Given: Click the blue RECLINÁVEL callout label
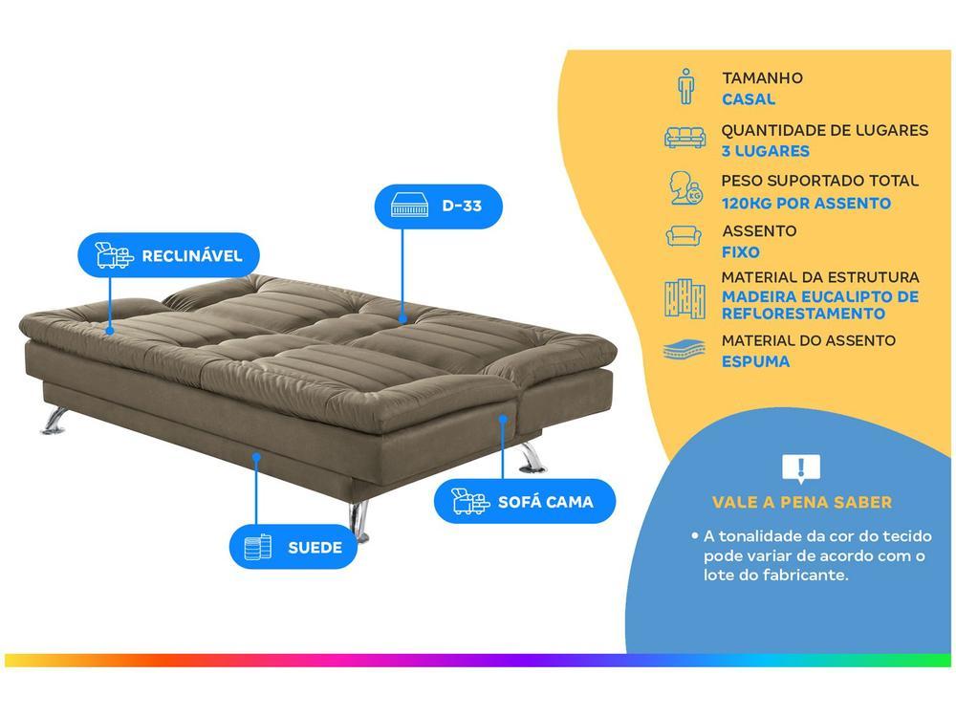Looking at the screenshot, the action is pyautogui.click(x=168, y=255).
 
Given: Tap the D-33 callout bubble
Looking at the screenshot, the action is pyautogui.click(x=439, y=206).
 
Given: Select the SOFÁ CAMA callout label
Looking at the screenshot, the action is pyautogui.click(x=525, y=501).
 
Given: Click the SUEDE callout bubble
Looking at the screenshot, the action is pyautogui.click(x=293, y=547).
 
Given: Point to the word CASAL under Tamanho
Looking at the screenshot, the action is pyautogui.click(x=749, y=98).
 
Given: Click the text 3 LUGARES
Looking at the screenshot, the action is pyautogui.click(x=765, y=151).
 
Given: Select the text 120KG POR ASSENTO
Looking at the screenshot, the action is pyautogui.click(x=806, y=203).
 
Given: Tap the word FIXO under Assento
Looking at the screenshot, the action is pyautogui.click(x=741, y=251).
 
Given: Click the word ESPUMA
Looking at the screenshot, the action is pyautogui.click(x=755, y=361).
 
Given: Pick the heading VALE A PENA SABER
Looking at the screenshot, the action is pyautogui.click(x=802, y=503).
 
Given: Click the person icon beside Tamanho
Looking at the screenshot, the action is pyautogui.click(x=685, y=86).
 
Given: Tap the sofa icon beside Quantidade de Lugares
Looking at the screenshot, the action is pyautogui.click(x=684, y=138).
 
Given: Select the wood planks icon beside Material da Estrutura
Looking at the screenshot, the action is pyautogui.click(x=684, y=299).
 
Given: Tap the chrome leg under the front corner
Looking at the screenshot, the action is pyautogui.click(x=359, y=522).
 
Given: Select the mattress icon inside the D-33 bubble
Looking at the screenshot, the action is pyautogui.click(x=410, y=206).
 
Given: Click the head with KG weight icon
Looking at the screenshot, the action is pyautogui.click(x=685, y=187).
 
